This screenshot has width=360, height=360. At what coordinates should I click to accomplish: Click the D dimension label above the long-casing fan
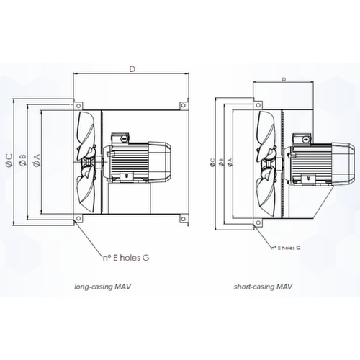point(132,70)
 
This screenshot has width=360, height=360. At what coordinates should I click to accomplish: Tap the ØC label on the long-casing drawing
point(8,161)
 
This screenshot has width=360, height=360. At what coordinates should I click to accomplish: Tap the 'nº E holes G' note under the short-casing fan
point(286,247)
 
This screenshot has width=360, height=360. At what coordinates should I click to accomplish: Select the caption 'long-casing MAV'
point(107,286)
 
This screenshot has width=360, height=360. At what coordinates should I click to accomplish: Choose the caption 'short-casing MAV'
point(264,286)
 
